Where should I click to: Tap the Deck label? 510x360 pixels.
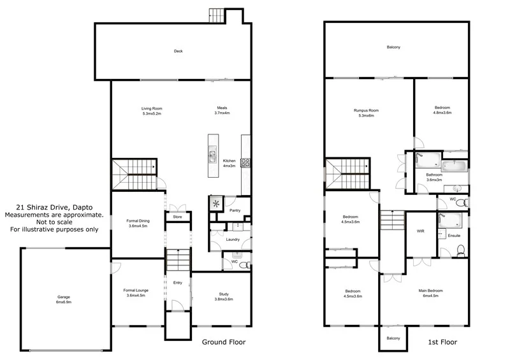(x=178, y=51)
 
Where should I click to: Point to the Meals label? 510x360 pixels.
(x=222, y=108)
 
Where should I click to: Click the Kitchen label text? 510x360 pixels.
(x=229, y=161)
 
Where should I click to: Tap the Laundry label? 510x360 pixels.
(x=232, y=240)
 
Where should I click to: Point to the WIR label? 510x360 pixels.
(x=421, y=231)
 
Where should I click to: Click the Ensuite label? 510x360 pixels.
(x=455, y=236)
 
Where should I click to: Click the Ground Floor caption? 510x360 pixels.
(x=224, y=342)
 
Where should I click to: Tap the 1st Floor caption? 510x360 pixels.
(x=442, y=342)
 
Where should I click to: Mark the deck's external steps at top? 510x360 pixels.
(x=218, y=15)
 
